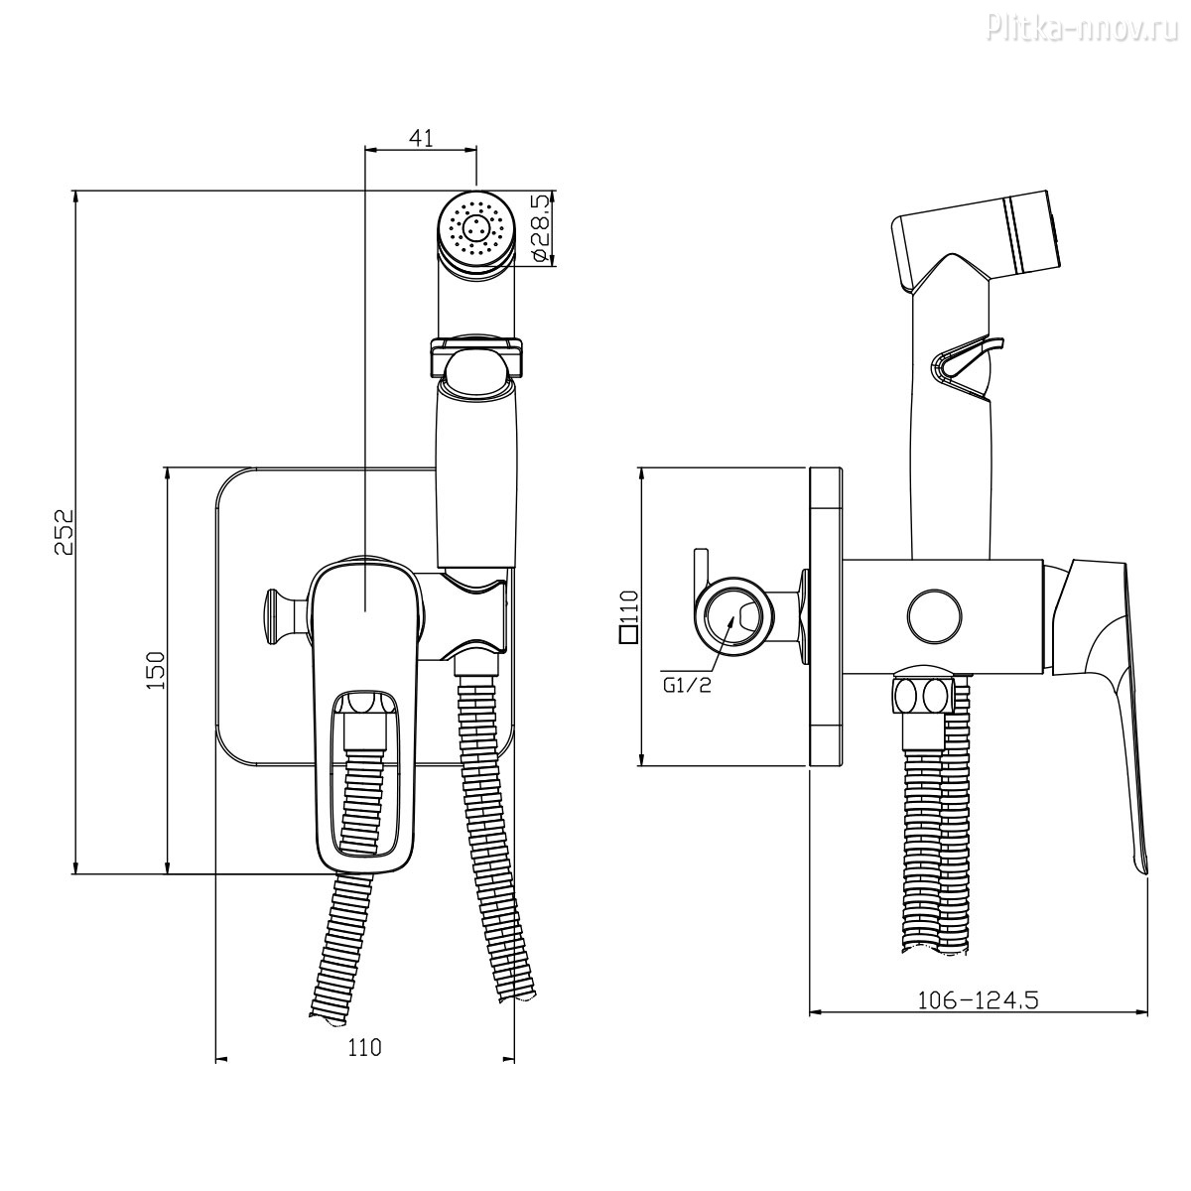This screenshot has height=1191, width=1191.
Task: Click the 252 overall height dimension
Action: click(64, 532)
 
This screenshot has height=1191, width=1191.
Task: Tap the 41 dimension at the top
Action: click(421, 138)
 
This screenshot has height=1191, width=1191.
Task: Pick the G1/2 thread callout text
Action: click(687, 685)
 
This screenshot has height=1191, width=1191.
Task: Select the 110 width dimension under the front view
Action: click(364, 1048)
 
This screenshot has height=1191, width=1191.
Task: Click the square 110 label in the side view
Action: click(628, 618)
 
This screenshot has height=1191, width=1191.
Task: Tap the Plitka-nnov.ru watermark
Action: click(1087, 27)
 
